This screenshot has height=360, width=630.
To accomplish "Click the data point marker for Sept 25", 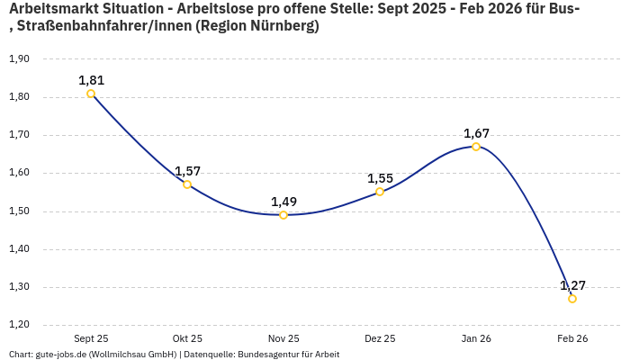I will click(91, 94).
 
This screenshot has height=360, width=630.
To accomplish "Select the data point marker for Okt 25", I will click(187, 184).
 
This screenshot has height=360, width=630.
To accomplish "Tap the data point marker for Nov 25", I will click(283, 215).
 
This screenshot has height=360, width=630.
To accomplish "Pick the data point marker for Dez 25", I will click(380, 192).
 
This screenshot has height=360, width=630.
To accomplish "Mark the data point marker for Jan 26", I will click(476, 147).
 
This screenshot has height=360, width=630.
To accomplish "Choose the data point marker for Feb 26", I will click(572, 299).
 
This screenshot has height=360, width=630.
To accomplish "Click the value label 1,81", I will click(91, 80).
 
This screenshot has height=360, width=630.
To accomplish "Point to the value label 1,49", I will click(283, 202).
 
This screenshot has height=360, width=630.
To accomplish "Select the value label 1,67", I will click(476, 133).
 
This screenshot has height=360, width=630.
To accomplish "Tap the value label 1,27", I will click(572, 285).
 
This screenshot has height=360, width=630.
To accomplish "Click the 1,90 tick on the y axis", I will click(19, 59).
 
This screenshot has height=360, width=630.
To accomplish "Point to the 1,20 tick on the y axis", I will click(19, 325).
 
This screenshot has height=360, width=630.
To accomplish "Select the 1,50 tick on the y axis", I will click(19, 211).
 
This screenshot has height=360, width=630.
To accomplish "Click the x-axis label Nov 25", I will click(283, 338).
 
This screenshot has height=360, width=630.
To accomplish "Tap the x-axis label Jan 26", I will click(476, 338).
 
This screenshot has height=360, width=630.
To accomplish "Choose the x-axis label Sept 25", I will click(91, 338).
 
